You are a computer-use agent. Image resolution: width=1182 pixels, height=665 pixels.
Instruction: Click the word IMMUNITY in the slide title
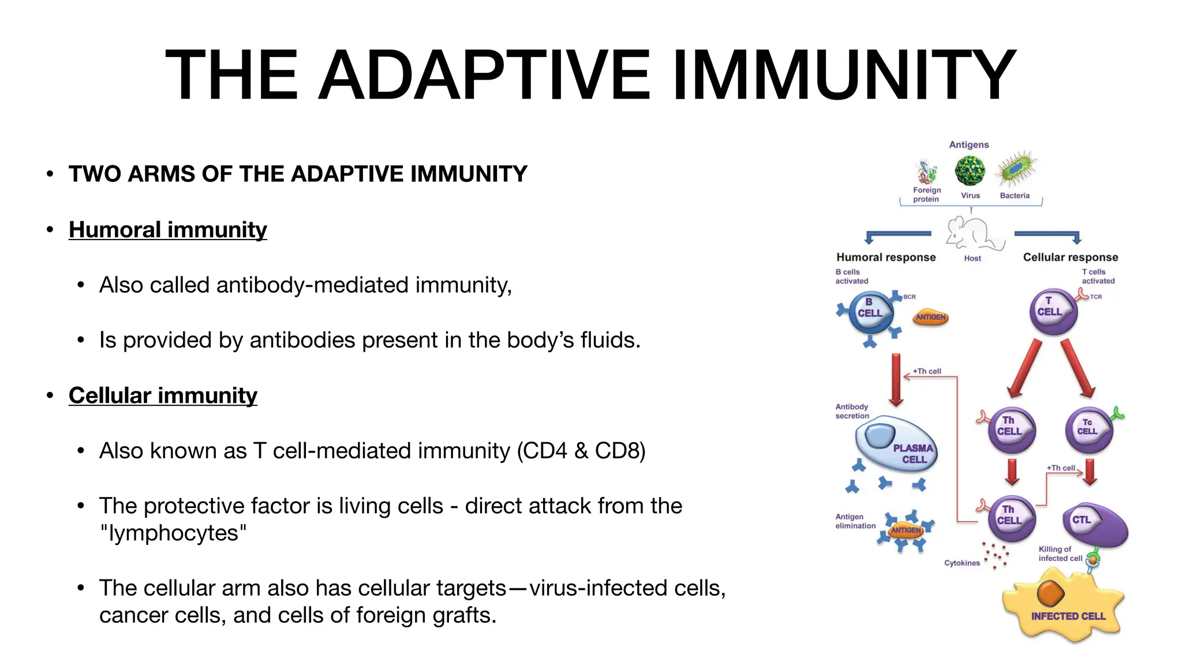pos(843,75)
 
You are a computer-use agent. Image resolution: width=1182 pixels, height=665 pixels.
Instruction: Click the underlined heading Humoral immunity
pos(167,230)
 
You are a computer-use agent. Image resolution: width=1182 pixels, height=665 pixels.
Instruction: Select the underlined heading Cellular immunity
pos(163,395)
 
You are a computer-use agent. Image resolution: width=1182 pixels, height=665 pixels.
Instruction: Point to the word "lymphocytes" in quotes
pos(173,533)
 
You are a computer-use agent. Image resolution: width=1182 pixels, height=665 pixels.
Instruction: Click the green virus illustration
pos(970,170)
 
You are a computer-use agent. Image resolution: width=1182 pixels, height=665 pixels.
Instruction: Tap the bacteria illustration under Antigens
pos(1016,169)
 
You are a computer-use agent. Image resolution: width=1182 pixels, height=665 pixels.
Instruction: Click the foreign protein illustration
pos(926,172)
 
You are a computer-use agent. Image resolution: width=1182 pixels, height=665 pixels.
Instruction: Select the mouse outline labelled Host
pos(973,233)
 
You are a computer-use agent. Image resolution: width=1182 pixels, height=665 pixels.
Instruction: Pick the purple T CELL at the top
pos(1053,312)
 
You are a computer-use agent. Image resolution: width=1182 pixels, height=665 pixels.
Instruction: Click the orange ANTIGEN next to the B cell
pos(931,317)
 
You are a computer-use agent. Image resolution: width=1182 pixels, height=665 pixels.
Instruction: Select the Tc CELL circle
pos(1089,430)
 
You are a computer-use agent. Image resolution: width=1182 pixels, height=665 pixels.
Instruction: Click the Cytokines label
pos(962,563)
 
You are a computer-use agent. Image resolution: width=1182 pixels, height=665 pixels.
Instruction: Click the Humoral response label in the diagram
pos(886,257)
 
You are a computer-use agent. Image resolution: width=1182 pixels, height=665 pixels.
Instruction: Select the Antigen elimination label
pos(855,521)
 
